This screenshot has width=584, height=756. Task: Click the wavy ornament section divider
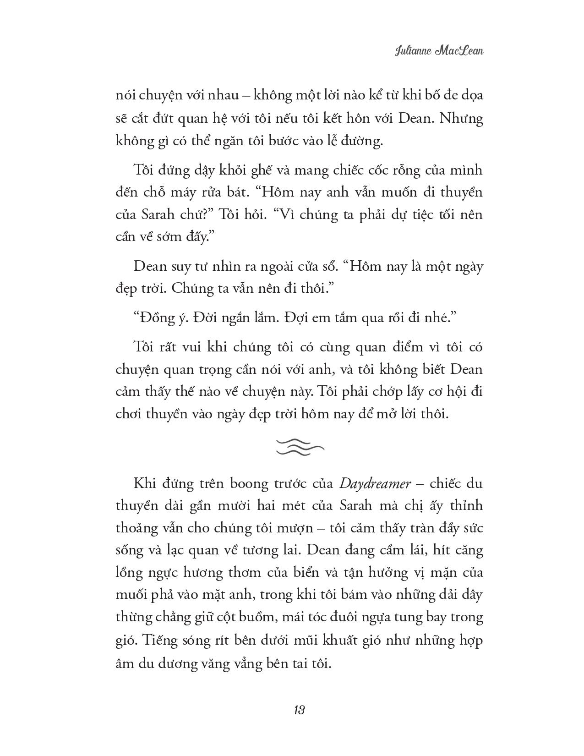(x=300, y=447)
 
